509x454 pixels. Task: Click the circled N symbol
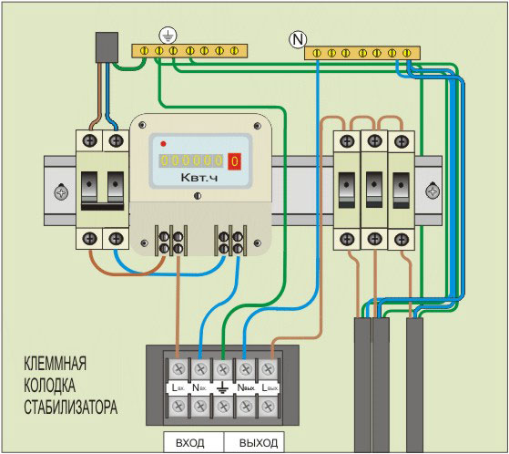click(x=296, y=39)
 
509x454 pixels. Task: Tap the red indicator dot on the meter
click(x=163, y=143)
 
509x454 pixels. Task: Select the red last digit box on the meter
click(x=235, y=160)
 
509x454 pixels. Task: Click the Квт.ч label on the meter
click(x=199, y=182)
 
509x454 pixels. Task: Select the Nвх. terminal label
click(x=199, y=387)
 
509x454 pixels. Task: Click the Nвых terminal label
click(x=245, y=387)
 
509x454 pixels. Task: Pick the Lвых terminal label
click(x=269, y=387)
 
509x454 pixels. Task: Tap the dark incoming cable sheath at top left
click(x=107, y=47)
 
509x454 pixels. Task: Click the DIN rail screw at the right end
click(x=432, y=192)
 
